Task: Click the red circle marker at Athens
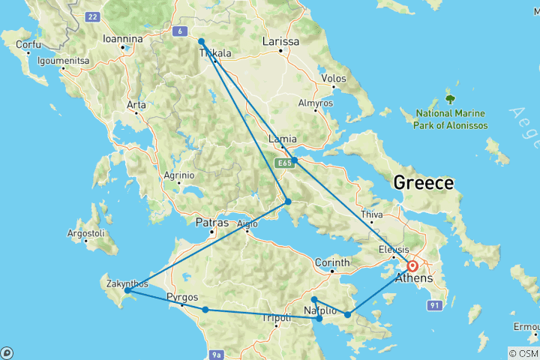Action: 412,265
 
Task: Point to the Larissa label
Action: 280,42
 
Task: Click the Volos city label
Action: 333,78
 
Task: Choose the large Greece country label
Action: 424,183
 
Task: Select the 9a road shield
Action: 217,353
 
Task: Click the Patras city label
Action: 211,223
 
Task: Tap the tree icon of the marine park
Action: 451,98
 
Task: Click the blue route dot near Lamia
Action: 295,160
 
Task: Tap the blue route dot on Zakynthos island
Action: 127,290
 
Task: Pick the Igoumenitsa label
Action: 63,60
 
